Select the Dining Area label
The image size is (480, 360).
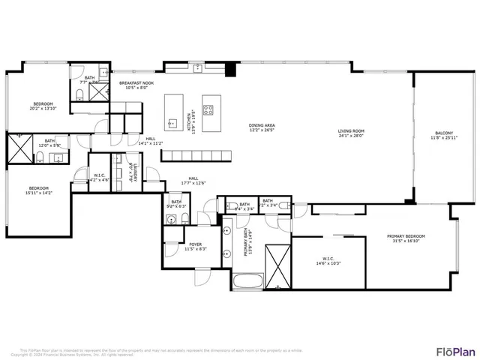(262, 127)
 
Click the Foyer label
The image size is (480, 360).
(195, 246)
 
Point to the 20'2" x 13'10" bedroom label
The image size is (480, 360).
(43, 106)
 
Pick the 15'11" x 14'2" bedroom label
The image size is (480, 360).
(38, 190)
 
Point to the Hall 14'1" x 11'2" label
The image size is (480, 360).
(150, 140)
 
